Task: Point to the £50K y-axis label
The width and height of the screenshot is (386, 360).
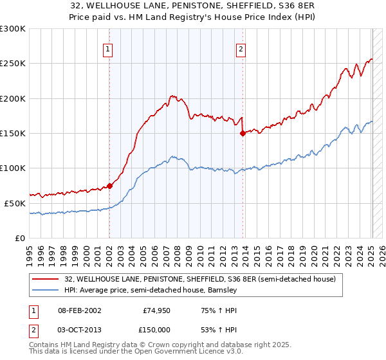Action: point(15,203)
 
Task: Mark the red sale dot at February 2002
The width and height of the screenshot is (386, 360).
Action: point(109,186)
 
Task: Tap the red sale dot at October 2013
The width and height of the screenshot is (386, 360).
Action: point(243,134)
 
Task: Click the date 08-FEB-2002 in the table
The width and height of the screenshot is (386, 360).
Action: point(80,310)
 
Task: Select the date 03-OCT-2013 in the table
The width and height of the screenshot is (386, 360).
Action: point(80,329)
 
